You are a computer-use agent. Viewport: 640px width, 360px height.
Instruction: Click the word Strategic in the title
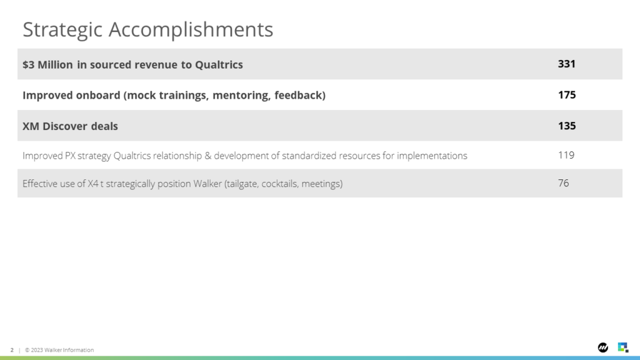pos(62,30)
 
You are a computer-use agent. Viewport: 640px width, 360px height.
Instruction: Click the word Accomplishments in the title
pos(191,29)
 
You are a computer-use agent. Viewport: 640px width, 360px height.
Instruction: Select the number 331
pos(566,64)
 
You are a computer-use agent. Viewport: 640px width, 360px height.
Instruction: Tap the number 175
pos(566,95)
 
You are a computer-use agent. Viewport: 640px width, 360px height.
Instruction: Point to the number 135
pos(566,126)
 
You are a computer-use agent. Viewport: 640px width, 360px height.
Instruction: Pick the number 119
pos(566,155)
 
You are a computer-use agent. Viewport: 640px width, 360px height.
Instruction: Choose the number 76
pos(563,183)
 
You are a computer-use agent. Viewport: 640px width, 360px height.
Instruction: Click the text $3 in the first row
pos(28,64)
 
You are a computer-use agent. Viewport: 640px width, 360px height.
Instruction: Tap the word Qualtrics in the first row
pos(219,64)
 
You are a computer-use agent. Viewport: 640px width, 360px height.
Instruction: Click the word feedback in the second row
pos(300,95)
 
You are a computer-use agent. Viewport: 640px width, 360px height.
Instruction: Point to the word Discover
pos(65,126)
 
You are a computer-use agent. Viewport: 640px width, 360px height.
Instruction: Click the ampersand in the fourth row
pos(207,156)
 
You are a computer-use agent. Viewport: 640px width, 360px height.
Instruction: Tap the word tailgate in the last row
pos(242,184)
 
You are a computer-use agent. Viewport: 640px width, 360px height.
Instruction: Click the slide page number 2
pos(12,350)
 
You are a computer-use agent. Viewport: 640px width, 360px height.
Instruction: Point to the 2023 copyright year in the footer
pos(37,350)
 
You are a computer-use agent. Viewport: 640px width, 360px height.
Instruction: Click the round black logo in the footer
pos(603,347)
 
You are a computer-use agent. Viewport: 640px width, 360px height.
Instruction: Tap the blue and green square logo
pos(623,347)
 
